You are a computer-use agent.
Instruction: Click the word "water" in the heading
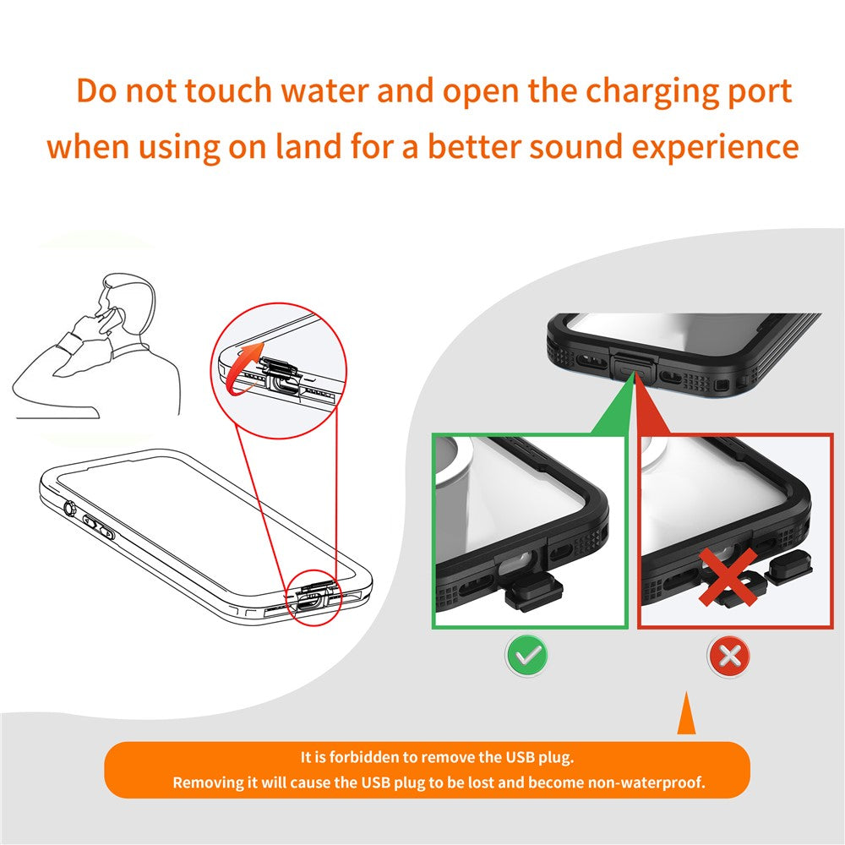(325, 91)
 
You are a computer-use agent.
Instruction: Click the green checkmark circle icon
(526, 656)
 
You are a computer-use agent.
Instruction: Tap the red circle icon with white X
(728, 656)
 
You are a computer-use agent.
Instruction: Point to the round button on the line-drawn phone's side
(69, 508)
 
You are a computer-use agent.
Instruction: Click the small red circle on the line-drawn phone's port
(314, 597)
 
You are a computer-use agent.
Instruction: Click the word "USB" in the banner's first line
(520, 757)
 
